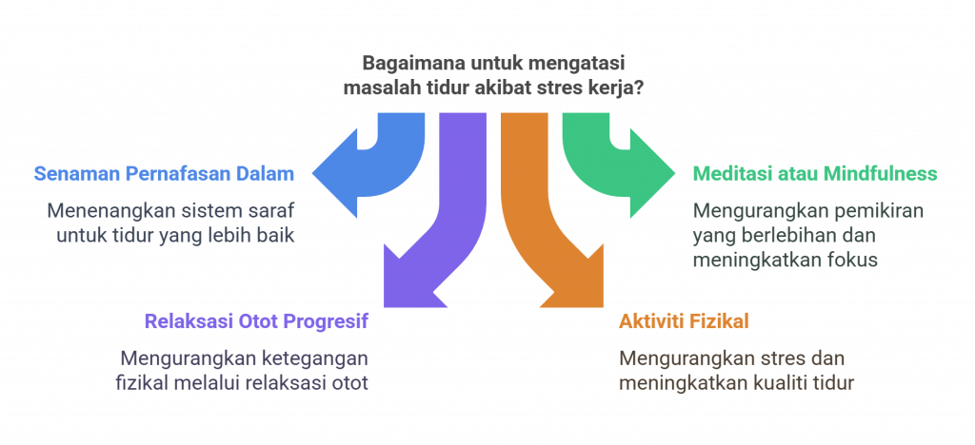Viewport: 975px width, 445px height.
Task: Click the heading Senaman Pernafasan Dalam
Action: pos(164,174)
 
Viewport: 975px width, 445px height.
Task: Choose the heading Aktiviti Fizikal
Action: pos(684,321)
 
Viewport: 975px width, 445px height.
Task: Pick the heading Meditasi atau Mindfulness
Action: pos(815,174)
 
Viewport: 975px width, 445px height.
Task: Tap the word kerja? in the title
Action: pos(621,88)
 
